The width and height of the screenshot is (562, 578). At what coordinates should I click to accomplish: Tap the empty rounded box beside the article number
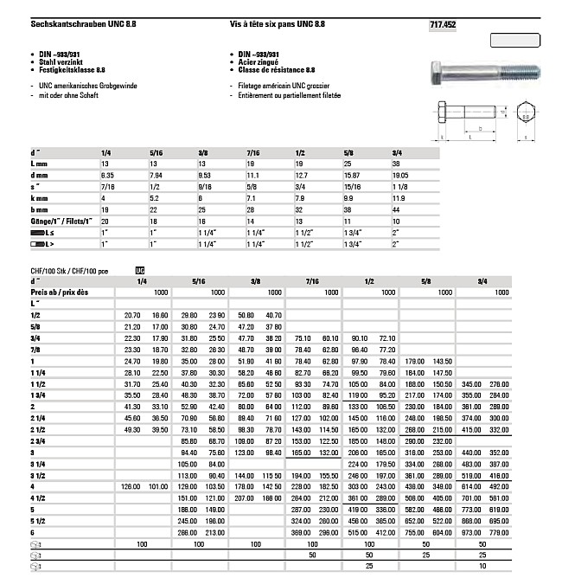coord(514,40)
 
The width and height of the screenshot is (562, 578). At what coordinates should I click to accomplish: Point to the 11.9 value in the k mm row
coord(399,197)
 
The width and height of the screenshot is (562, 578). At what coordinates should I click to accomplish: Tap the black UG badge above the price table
coord(140,270)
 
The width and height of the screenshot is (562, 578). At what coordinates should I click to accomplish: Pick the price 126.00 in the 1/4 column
coord(131,486)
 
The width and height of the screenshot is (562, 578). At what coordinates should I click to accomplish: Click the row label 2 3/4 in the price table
coord(38,441)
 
